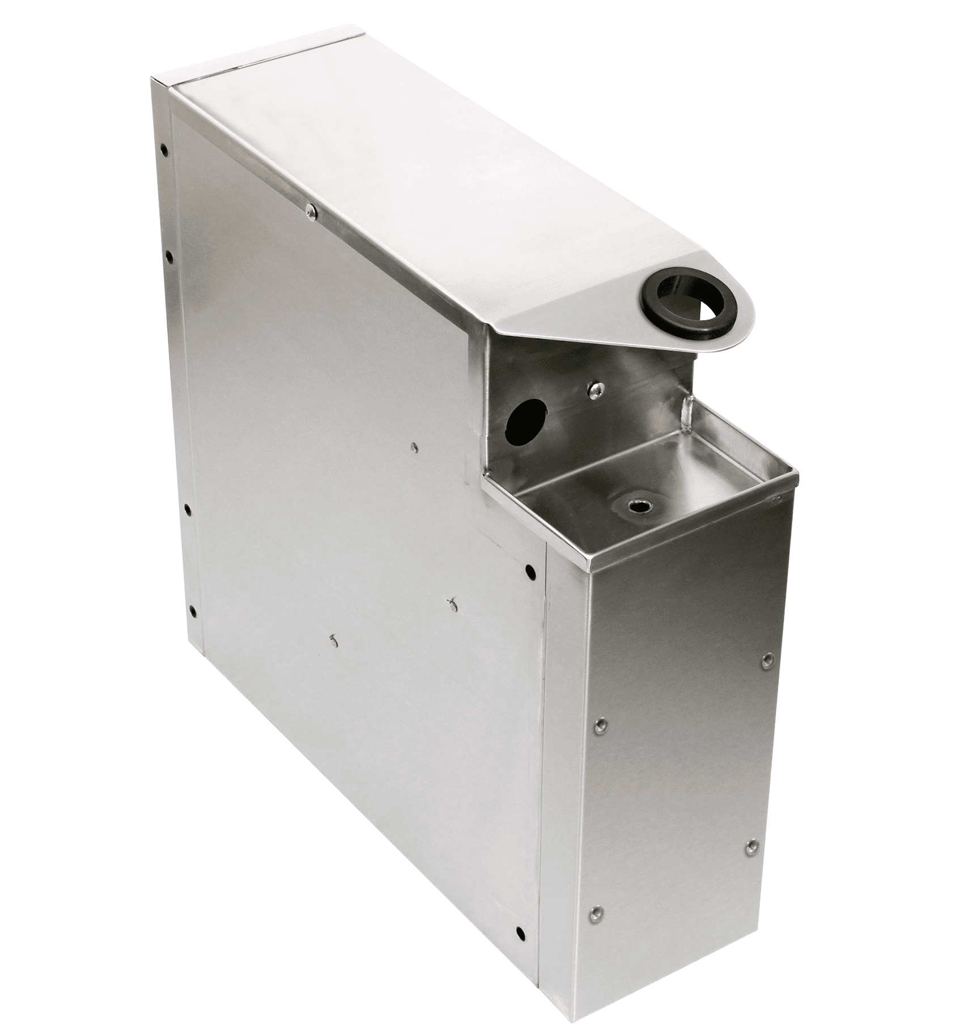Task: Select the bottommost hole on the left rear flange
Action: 192,611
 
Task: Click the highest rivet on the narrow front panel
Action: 767,659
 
